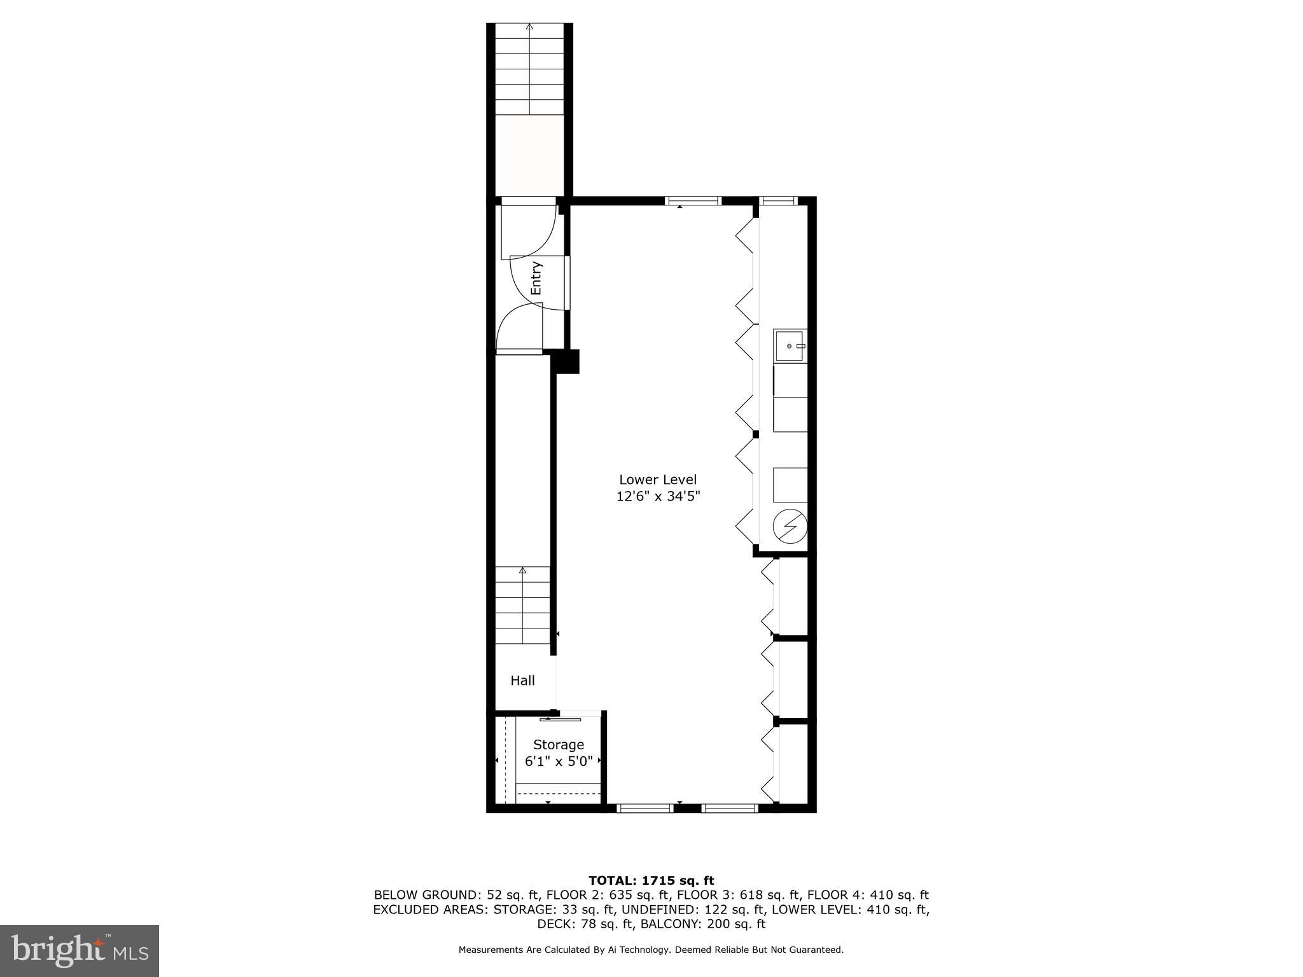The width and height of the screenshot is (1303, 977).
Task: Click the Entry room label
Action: tap(536, 279)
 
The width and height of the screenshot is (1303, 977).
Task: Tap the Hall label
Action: tap(522, 681)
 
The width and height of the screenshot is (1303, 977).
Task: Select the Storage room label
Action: tap(558, 744)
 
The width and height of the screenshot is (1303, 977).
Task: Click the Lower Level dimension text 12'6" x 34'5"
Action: tap(658, 497)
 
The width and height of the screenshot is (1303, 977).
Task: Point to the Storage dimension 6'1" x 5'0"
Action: tap(559, 761)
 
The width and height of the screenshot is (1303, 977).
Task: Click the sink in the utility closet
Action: tap(790, 346)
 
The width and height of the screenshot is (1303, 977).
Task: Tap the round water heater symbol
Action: tap(790, 527)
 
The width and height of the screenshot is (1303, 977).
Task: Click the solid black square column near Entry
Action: tap(566, 361)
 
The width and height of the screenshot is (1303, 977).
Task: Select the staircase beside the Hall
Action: tap(523, 604)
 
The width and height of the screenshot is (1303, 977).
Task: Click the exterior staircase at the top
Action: tap(529, 70)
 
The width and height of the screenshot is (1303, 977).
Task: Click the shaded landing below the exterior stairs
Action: tap(529, 155)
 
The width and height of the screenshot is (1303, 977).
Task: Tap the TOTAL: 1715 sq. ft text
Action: tap(651, 881)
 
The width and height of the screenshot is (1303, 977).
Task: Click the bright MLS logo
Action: tap(80, 951)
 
